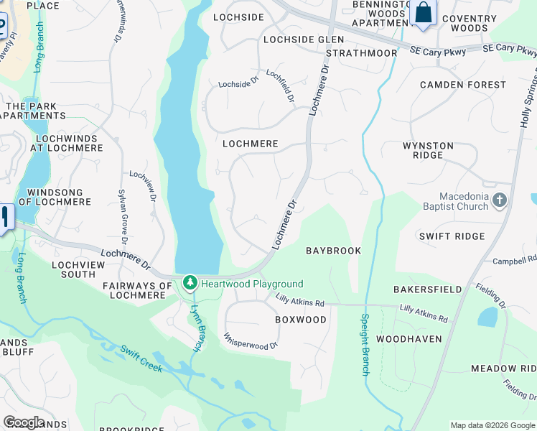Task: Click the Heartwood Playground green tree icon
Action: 190,284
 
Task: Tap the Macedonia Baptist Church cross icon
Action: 500,200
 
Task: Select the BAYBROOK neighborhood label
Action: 333,251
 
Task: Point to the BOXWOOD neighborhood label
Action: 301,320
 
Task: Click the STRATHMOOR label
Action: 361,53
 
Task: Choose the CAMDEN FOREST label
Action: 463,85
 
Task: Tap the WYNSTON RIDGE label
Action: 428,151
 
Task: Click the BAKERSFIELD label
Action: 427,289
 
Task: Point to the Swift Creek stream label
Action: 141,359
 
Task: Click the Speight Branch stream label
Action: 365,344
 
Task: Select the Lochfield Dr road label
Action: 281,85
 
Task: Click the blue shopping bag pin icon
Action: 424,13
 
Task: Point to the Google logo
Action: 24,422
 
